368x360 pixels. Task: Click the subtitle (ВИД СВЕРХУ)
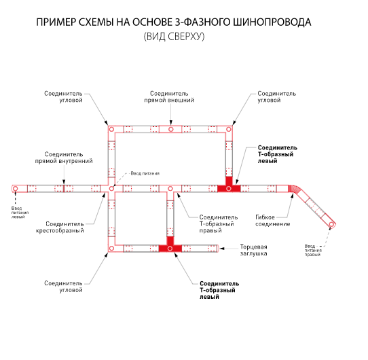click(x=174, y=37)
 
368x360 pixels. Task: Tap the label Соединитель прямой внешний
click(x=169, y=96)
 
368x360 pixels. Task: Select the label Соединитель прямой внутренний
click(x=64, y=158)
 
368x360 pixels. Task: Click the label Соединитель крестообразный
click(x=60, y=227)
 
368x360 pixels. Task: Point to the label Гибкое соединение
click(x=272, y=221)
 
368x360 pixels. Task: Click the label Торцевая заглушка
click(x=253, y=250)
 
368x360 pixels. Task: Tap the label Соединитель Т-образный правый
click(x=219, y=223)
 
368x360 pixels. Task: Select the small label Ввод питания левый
click(x=20, y=213)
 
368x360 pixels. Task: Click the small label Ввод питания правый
click(x=313, y=250)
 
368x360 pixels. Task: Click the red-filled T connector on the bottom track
click(x=170, y=246)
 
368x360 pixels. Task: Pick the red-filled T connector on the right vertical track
click(x=229, y=186)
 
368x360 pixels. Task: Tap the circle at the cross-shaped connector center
click(x=112, y=189)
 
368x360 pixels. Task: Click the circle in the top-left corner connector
click(x=112, y=129)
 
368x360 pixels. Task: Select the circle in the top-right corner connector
click(x=229, y=129)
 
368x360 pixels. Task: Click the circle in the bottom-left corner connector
click(x=112, y=248)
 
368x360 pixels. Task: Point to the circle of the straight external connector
click(x=170, y=129)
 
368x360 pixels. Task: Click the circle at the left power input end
click(x=16, y=189)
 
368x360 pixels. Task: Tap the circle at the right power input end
click(x=331, y=224)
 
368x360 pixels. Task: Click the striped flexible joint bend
click(x=294, y=189)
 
